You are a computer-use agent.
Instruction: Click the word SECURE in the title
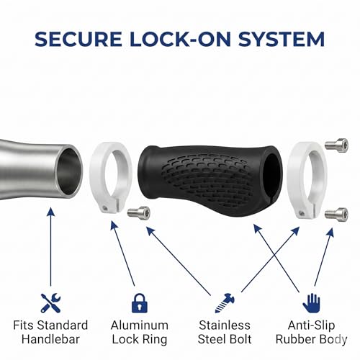point(78,39)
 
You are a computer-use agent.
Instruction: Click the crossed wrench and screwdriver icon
point(50,303)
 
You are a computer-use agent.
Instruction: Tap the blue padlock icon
point(140,303)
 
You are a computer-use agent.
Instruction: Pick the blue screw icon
point(225,303)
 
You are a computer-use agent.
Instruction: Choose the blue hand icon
point(311,303)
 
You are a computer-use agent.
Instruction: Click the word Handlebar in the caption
point(50,339)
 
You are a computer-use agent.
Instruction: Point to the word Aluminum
point(140,325)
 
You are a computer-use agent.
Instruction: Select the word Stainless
point(225,325)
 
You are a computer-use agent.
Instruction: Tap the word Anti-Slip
point(311,325)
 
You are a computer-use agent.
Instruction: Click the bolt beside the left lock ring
point(139,212)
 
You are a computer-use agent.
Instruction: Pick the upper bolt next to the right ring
point(336,145)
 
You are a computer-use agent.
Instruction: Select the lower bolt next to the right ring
point(336,214)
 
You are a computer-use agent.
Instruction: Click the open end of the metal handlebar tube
point(69,171)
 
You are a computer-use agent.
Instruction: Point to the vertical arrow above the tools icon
point(50,247)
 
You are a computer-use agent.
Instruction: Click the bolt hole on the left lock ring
point(104,207)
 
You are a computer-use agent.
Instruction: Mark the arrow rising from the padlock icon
point(122,253)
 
